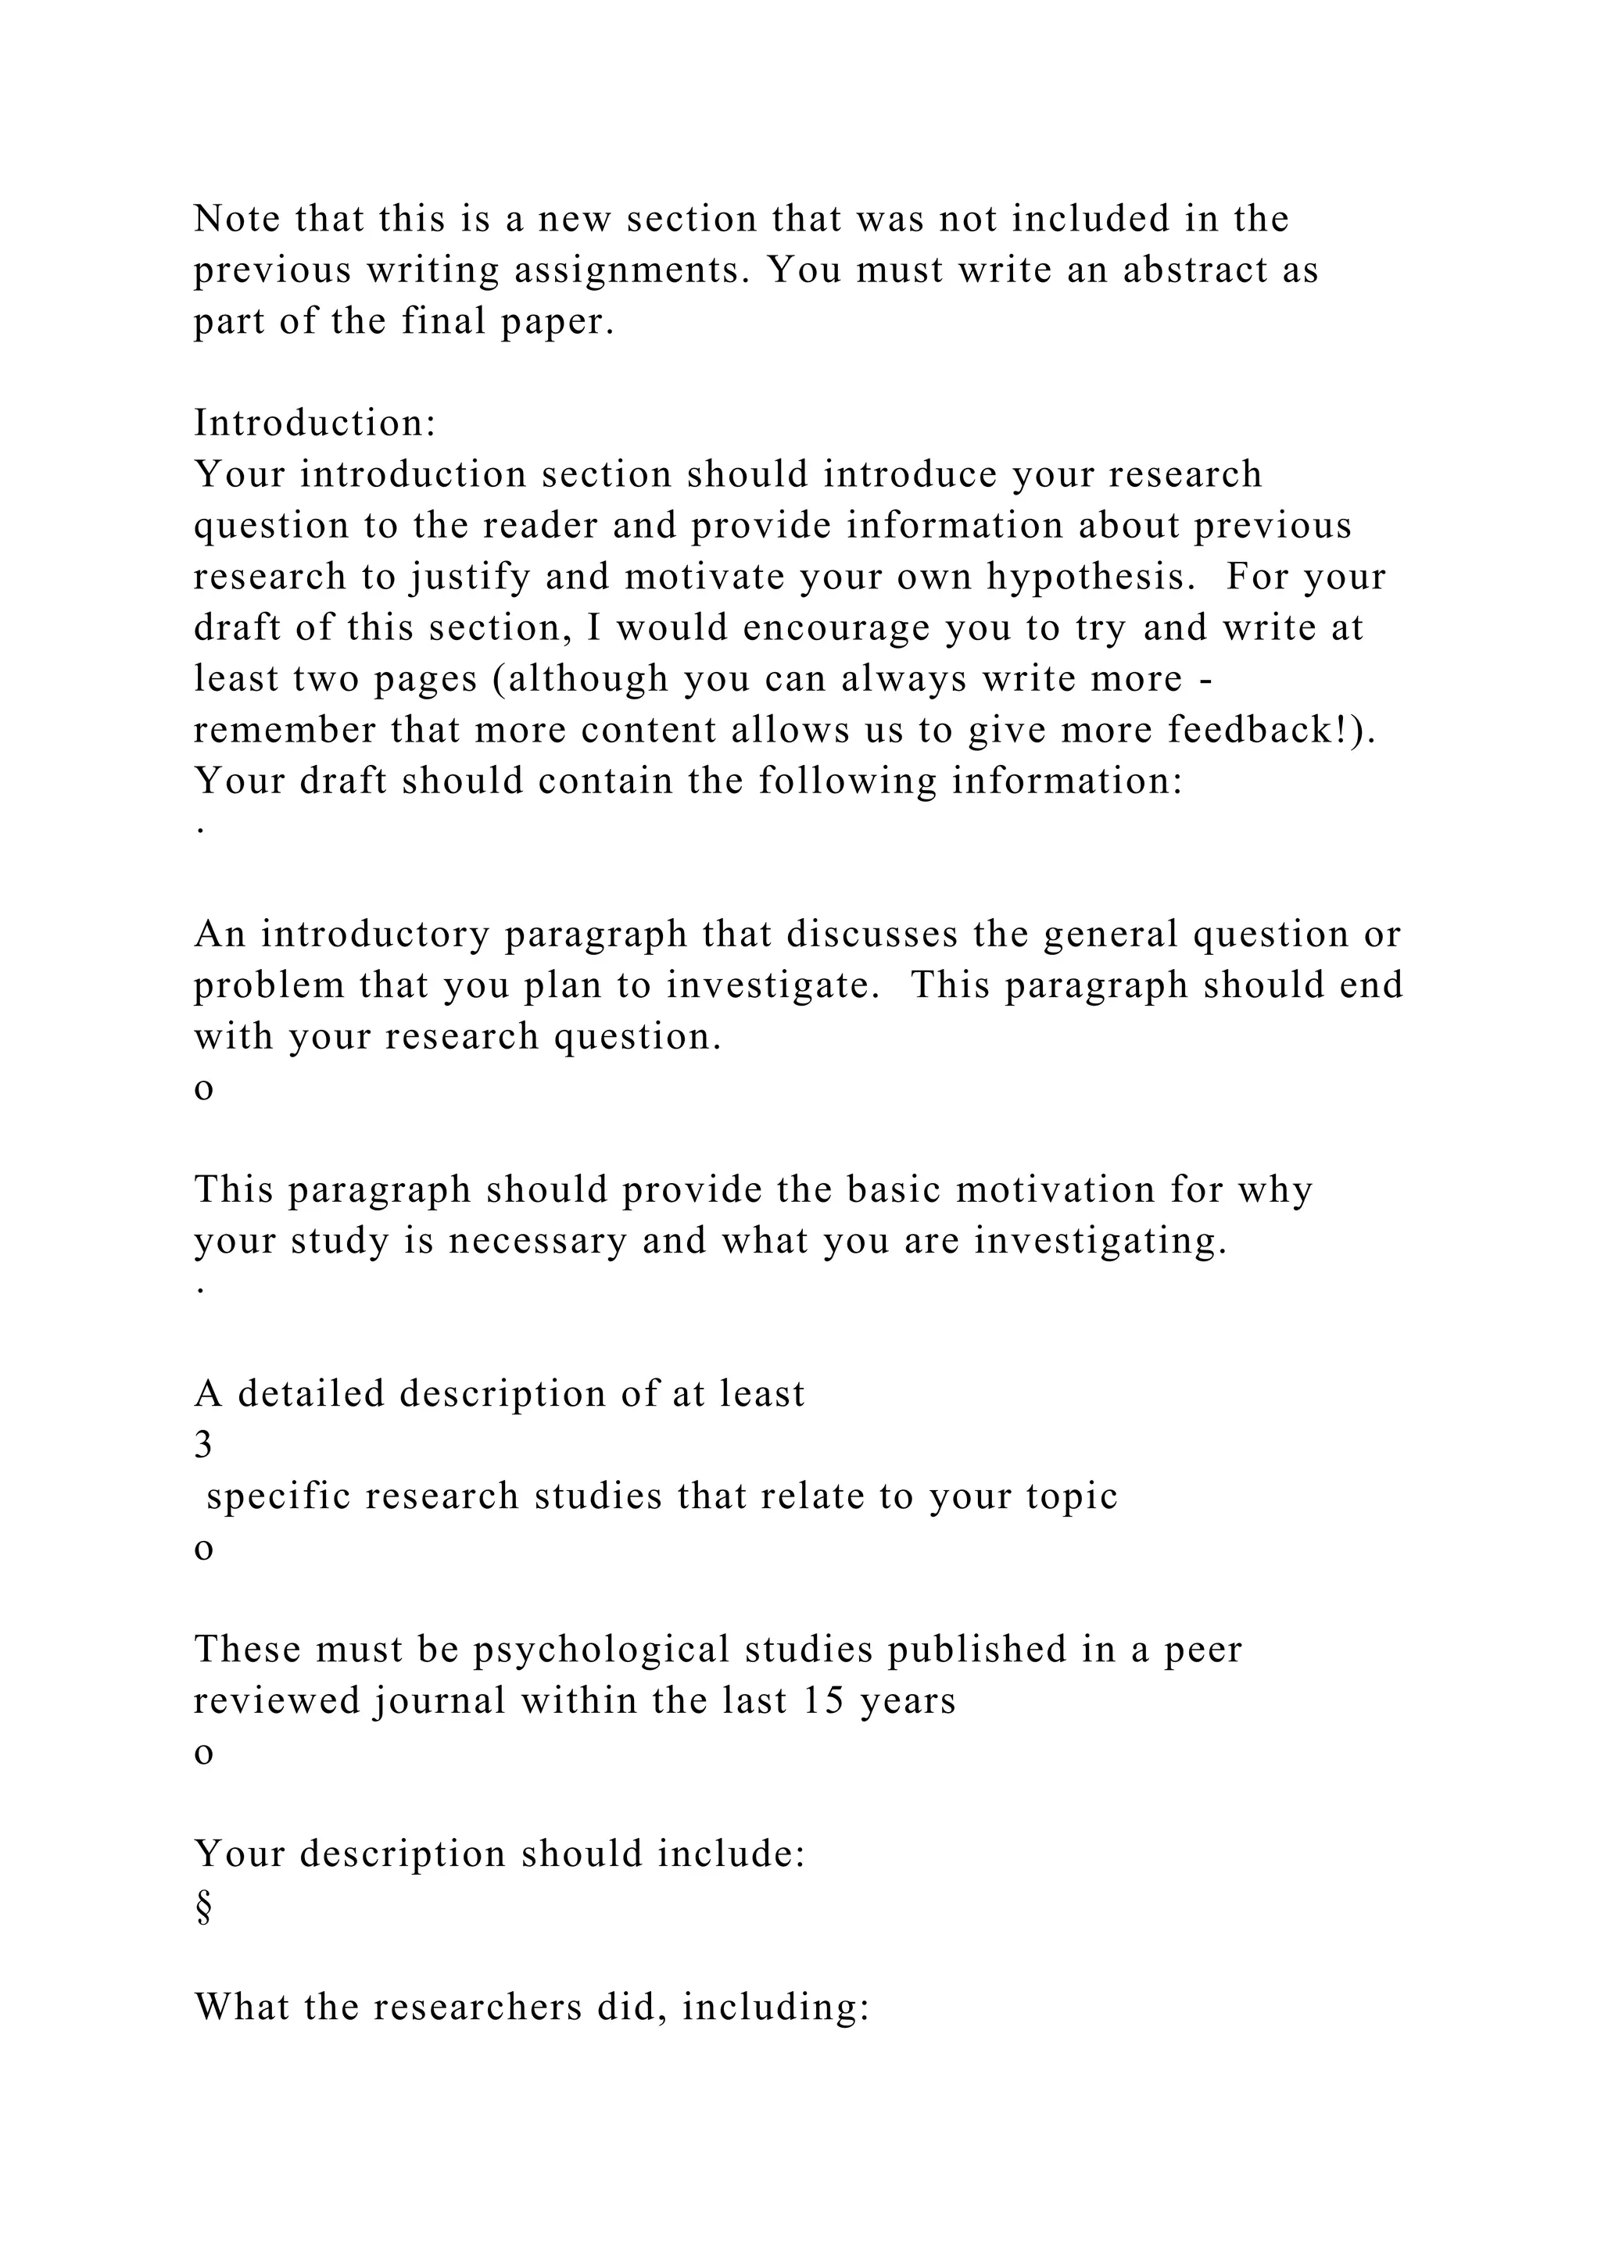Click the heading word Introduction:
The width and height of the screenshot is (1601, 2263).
pyautogui.click(x=314, y=424)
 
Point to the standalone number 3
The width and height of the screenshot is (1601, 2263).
pyautogui.click(x=203, y=1446)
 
